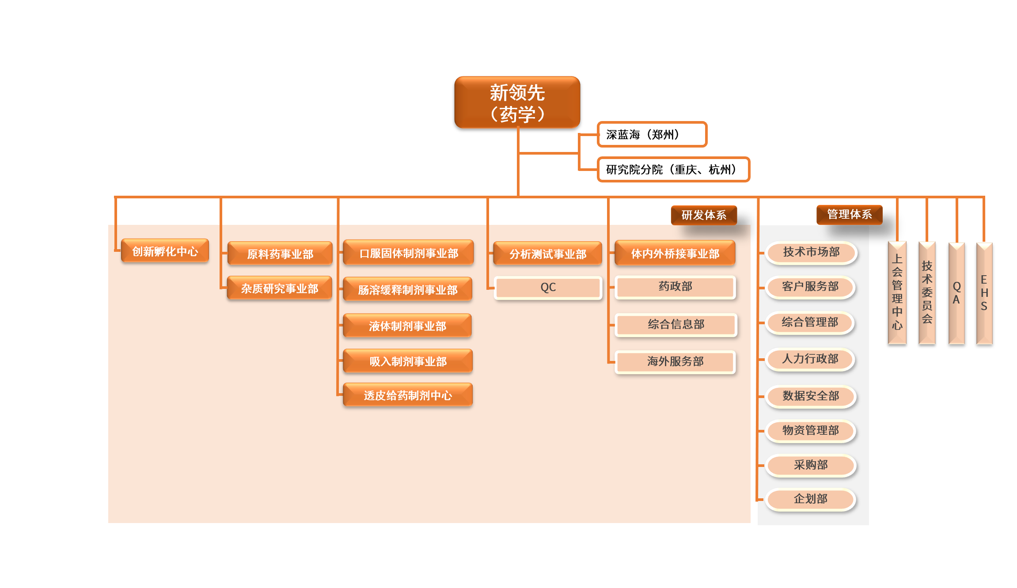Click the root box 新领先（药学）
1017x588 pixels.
click(x=517, y=102)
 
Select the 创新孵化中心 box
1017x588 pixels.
click(x=165, y=251)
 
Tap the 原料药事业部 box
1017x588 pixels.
click(x=280, y=254)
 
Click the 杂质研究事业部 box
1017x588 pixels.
click(x=279, y=288)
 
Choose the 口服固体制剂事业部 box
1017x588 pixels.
click(x=408, y=253)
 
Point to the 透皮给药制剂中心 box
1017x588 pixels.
click(x=408, y=395)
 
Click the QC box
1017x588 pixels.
click(x=548, y=288)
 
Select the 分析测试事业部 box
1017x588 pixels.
click(x=547, y=254)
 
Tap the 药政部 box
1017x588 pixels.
click(x=675, y=287)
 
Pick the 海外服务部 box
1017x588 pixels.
click(x=675, y=361)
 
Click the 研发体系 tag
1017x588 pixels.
click(x=704, y=215)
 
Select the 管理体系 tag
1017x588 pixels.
click(x=849, y=214)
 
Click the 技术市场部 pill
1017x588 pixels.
click(x=811, y=252)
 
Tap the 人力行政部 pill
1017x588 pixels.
click(x=810, y=359)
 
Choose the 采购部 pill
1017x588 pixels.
click(x=811, y=465)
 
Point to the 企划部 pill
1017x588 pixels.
click(x=811, y=499)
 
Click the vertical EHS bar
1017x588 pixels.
click(x=984, y=293)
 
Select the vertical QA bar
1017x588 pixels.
click(x=956, y=293)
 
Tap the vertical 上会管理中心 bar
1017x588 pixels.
click(x=897, y=293)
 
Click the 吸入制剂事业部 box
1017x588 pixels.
click(x=408, y=361)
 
